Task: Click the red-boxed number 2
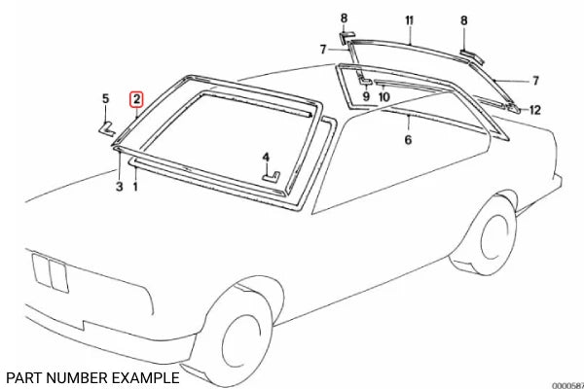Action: [x=137, y=99]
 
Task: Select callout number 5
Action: [x=106, y=98]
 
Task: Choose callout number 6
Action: [x=408, y=140]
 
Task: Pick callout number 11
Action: [x=410, y=20]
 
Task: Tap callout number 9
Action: [x=366, y=96]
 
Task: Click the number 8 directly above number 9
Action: [x=343, y=19]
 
